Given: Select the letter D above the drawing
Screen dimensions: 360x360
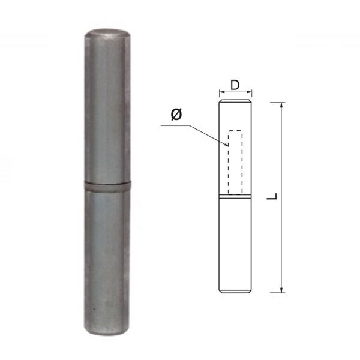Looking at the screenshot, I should point(235,85).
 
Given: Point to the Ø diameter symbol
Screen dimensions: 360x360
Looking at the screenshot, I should point(176,115).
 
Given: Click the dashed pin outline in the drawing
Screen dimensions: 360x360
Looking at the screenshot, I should point(235,162).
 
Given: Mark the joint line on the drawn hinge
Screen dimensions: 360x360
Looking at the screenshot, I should point(235,196).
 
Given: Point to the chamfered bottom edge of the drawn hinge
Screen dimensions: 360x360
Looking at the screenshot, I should point(235,292).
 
